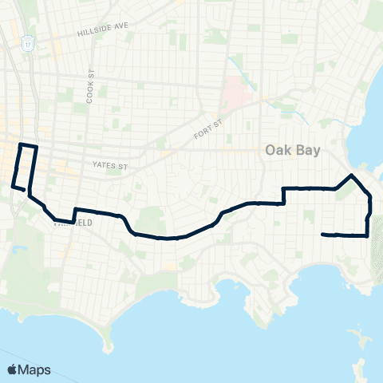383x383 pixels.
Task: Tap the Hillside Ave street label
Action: pyautogui.click(x=103, y=31)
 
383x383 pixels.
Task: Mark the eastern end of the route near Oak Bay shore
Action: pyautogui.click(x=322, y=235)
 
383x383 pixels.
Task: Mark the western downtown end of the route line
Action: pyautogui.click(x=12, y=187)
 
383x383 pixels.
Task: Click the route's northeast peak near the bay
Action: pyautogui.click(x=352, y=173)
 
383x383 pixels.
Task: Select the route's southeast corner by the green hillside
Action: pyautogui.click(x=367, y=235)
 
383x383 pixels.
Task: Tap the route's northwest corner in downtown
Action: pyautogui.click(x=20, y=144)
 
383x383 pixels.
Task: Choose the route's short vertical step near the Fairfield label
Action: pyautogui.click(x=73, y=215)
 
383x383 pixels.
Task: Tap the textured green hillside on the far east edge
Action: pyautogui.click(x=377, y=255)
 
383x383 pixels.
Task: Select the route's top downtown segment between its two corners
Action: pyautogui.click(x=28, y=146)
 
